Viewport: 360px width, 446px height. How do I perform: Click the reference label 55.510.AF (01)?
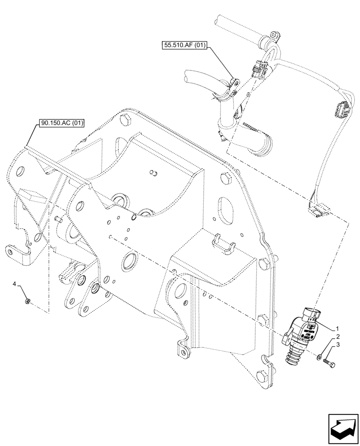pos(184,45)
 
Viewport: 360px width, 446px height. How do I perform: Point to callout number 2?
pos(338,337)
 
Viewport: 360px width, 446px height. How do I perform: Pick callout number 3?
pos(338,346)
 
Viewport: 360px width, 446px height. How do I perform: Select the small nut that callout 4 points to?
pos(27,302)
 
